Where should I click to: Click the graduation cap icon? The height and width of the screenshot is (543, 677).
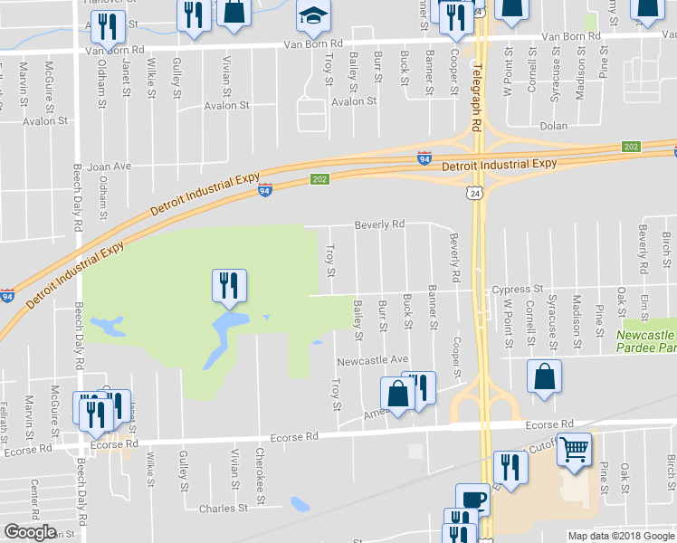tap(314, 17)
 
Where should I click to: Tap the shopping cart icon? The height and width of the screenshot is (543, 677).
tap(575, 448)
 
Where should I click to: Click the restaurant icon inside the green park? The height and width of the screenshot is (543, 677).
tap(228, 285)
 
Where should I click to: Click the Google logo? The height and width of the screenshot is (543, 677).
tap(30, 532)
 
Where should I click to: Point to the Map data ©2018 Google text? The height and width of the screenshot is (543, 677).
tap(621, 536)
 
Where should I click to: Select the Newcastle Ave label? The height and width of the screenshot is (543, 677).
tap(373, 360)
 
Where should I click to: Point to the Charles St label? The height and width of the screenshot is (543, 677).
tap(223, 509)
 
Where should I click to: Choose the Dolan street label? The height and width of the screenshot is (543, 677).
tap(553, 127)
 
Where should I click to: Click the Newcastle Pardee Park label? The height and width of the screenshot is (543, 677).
tap(644, 340)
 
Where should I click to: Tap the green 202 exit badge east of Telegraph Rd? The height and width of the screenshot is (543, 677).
tap(631, 147)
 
